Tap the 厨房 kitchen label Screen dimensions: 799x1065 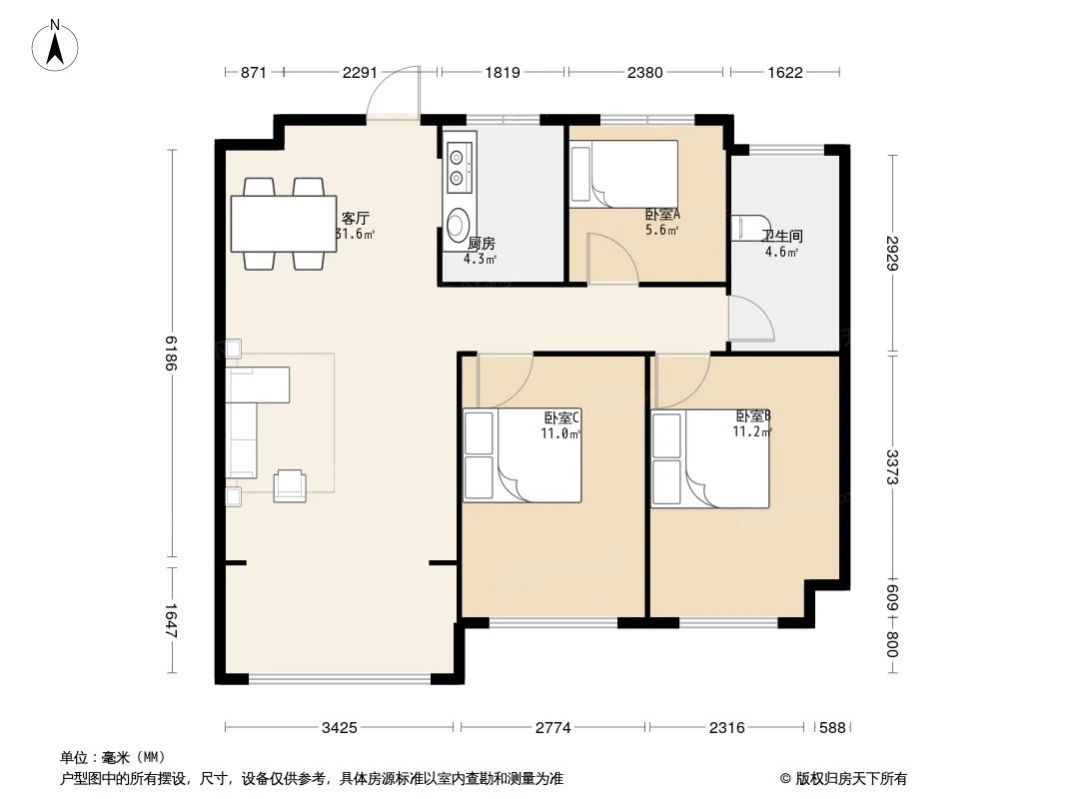[481, 243]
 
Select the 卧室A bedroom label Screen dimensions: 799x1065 [661, 214]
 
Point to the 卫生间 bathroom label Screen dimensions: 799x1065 [781, 237]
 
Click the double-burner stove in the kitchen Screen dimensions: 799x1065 [460, 166]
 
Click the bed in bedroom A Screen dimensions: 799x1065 [623, 174]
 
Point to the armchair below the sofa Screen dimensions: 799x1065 [290, 483]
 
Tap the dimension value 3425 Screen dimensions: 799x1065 [340, 728]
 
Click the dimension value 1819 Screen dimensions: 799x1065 [502, 73]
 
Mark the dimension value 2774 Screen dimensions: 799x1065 [552, 728]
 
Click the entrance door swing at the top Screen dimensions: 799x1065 [393, 95]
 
